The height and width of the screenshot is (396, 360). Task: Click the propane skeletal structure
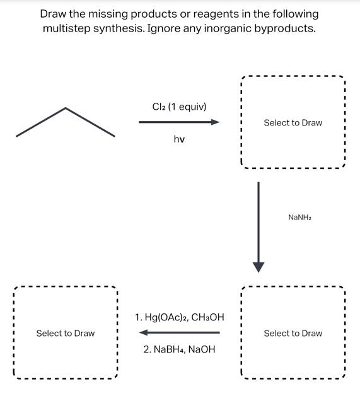(66, 121)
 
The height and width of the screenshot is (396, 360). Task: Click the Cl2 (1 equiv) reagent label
(179, 107)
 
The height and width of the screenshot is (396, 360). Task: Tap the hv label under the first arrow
(179, 139)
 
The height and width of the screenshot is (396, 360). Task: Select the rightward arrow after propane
(179, 122)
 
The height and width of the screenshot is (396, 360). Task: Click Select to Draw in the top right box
(293, 122)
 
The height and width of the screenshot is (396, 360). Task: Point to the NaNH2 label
(299, 217)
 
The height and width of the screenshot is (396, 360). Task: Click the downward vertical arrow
(258, 227)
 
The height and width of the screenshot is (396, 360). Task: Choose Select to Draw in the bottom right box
(293, 333)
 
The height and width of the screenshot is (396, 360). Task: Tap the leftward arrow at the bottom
(179, 332)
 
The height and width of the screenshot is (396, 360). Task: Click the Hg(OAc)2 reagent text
(165, 317)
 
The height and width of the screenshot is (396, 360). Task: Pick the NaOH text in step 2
(202, 349)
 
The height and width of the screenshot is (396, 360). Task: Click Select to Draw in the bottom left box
(66, 333)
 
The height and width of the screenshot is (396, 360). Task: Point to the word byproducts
(284, 29)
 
